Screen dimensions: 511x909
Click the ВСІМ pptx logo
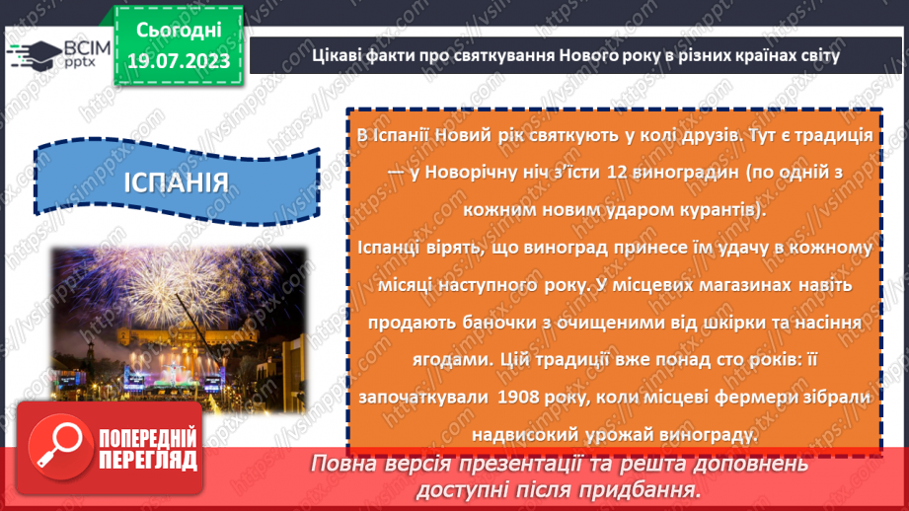(x=48, y=54)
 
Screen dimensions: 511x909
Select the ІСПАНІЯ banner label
(x=179, y=182)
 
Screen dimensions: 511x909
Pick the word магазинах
(x=744, y=284)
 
